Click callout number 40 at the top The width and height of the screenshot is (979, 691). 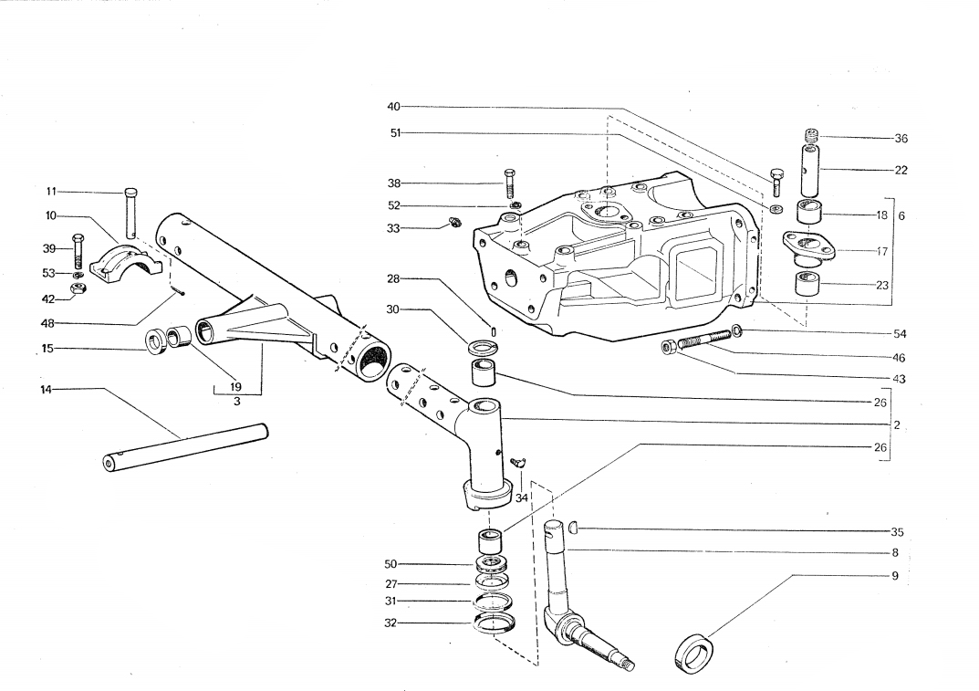393,106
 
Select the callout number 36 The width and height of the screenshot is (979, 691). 901,139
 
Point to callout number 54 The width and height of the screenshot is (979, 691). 901,333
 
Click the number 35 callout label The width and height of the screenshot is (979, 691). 897,531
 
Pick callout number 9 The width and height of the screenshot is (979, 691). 895,576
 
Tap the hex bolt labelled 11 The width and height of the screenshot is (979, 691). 130,211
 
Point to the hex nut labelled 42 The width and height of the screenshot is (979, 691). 78,289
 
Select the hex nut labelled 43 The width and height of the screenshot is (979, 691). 668,346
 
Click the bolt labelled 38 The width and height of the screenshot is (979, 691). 509,183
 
